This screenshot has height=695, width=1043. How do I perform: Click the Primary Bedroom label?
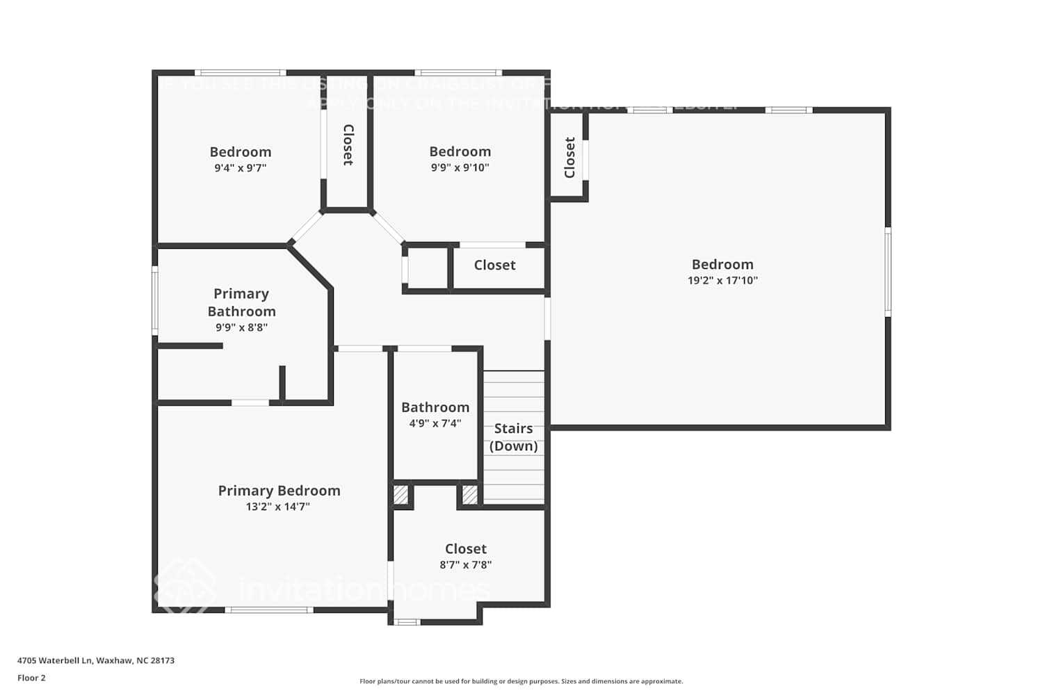[x=279, y=491]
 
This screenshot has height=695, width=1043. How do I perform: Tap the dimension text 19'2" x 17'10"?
[x=722, y=281]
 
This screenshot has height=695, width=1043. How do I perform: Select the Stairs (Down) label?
[x=513, y=437]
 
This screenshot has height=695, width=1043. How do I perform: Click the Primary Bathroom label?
[x=241, y=302]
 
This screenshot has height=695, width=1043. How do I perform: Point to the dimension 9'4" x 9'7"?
[x=240, y=168]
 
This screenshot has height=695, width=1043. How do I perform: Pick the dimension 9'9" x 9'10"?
[x=460, y=167]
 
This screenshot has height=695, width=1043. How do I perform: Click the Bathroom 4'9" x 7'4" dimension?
[x=435, y=423]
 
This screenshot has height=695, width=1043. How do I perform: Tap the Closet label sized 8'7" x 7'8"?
[x=465, y=549]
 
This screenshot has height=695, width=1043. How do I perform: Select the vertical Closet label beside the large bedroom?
[x=569, y=158]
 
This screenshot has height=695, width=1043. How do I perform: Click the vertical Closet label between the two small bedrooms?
[x=348, y=145]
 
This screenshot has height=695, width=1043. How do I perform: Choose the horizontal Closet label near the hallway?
[x=494, y=265]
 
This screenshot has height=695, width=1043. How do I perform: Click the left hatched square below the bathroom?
[x=401, y=495]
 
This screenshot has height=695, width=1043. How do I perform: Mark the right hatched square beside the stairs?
[x=470, y=495]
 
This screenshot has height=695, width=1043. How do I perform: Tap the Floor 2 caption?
[x=31, y=678]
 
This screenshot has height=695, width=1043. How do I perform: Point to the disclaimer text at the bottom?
[x=521, y=681]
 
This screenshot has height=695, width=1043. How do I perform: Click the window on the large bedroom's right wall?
[x=888, y=272]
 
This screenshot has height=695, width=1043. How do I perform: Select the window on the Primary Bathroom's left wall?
[x=155, y=302]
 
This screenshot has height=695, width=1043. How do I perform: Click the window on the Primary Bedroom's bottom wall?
[x=268, y=610]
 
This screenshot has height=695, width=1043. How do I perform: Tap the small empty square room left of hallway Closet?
[x=428, y=268]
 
